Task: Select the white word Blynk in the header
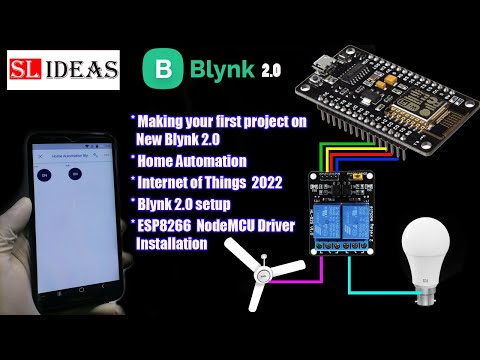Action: pyautogui.click(x=216, y=71)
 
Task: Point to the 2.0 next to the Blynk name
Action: pyautogui.click(x=271, y=72)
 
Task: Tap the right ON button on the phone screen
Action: pyautogui.click(x=75, y=174)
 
